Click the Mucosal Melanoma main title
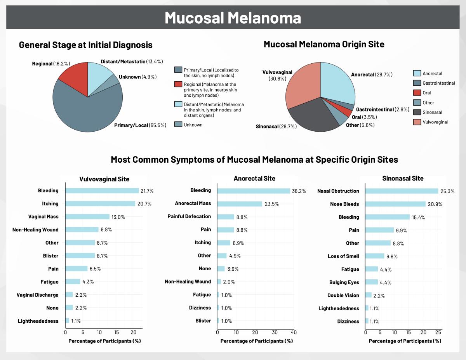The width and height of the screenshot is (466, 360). coord(233,18)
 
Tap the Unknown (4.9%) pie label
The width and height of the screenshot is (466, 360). coord(137,77)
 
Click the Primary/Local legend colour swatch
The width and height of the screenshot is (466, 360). coord(178,70)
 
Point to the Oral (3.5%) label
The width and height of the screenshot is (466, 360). coord(364,117)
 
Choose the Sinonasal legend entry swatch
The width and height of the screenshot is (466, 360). coord(417,112)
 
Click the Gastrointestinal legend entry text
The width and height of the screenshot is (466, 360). coord(438,83)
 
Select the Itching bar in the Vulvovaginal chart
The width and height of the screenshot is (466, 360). coord(100,203)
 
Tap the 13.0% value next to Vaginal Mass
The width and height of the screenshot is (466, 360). coord(118,217)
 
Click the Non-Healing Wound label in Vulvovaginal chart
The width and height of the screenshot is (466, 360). coord(35,230)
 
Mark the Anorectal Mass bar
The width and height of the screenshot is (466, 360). coord(239,203)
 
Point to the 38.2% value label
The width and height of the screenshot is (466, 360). coord(299,191)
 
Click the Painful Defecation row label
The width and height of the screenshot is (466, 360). coord(189,216)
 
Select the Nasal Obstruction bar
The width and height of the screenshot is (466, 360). coord(402,191)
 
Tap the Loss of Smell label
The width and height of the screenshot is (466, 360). coord(343,256)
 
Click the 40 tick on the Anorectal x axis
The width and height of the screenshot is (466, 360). coord(294,332)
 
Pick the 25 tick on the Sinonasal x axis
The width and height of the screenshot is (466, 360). coord(438,332)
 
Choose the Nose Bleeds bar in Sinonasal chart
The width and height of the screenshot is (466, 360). coord(395,204)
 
